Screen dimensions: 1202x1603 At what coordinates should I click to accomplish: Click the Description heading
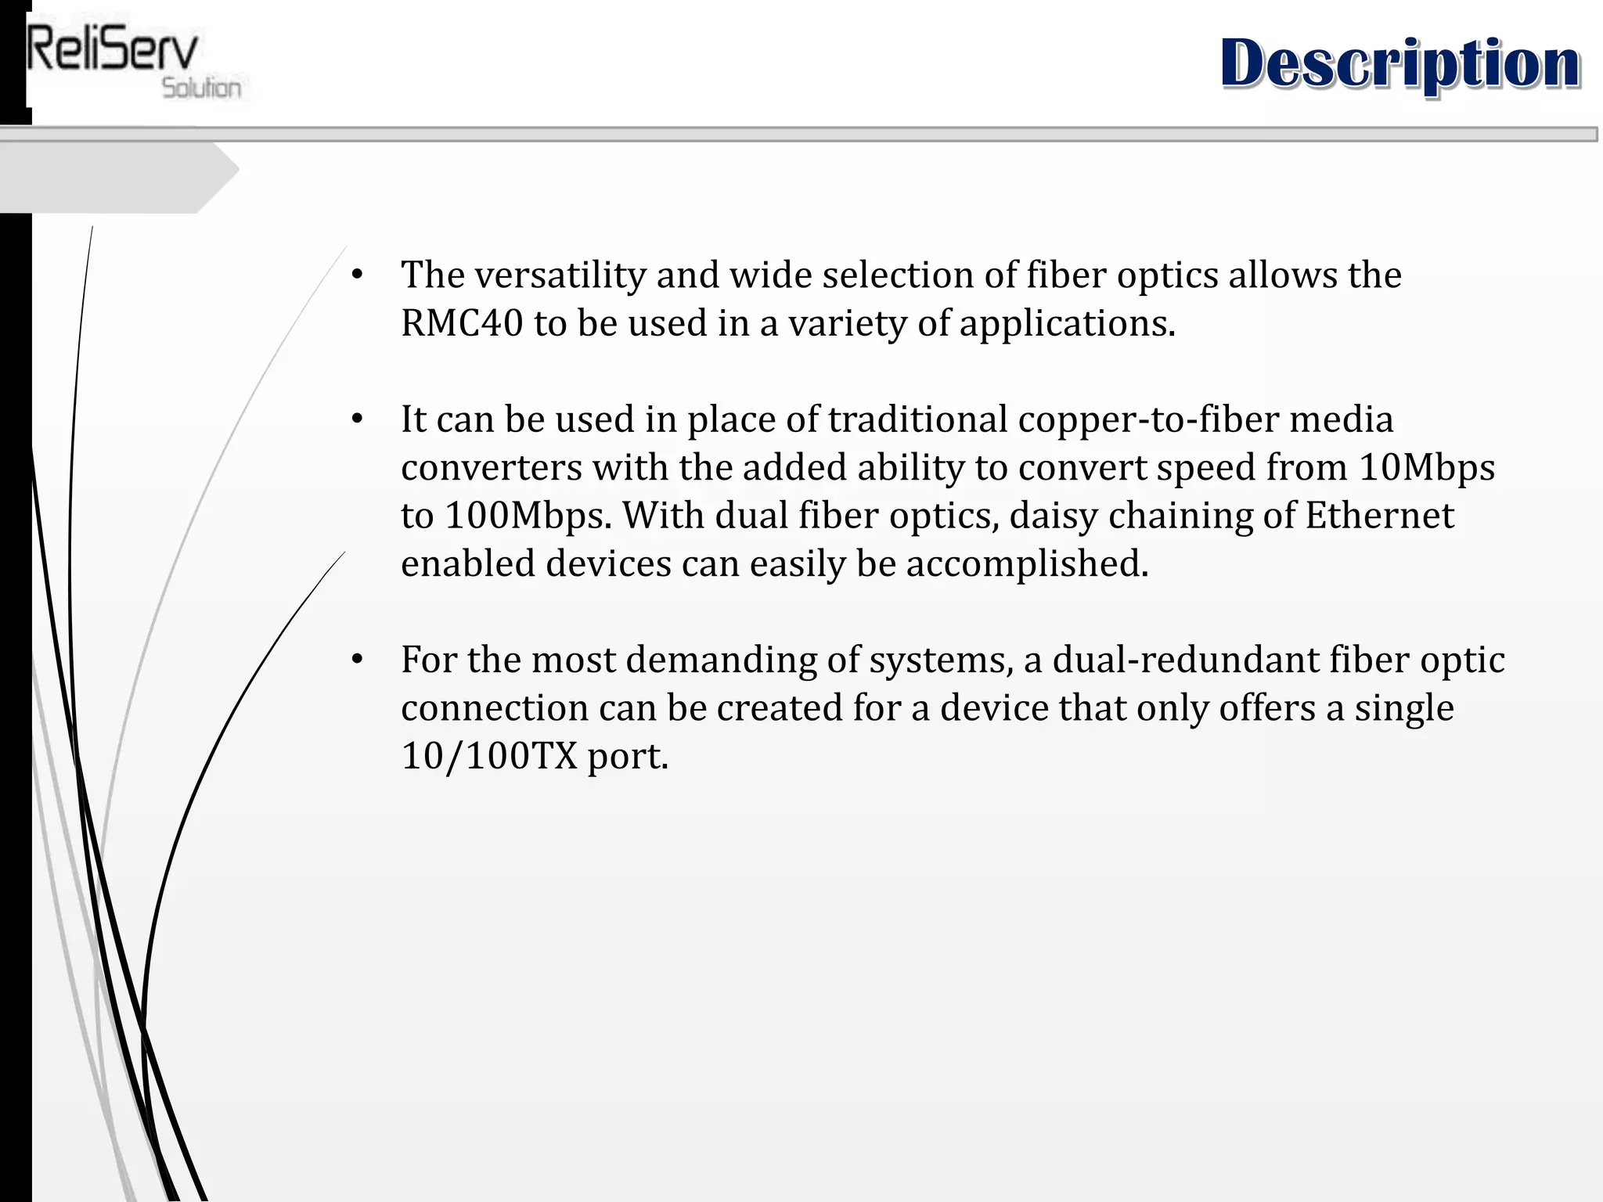tap(1399, 64)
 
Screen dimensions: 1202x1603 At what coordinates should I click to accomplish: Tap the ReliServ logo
tap(113, 51)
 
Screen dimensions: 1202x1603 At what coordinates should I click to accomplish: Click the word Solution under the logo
tap(201, 88)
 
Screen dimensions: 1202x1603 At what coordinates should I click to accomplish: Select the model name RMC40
tap(461, 323)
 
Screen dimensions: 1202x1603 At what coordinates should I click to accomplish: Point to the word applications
tap(1067, 323)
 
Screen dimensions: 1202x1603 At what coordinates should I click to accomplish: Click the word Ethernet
tap(1379, 516)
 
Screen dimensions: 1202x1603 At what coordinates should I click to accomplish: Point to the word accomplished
tap(1027, 564)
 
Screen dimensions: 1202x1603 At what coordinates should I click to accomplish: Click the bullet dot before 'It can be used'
tap(357, 419)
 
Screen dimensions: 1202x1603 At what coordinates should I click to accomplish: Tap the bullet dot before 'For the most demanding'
tap(357, 660)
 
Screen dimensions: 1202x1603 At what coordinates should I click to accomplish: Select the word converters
tap(492, 468)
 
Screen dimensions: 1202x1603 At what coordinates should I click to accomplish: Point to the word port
tap(628, 756)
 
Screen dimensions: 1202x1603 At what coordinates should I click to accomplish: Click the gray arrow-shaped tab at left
tap(117, 178)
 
